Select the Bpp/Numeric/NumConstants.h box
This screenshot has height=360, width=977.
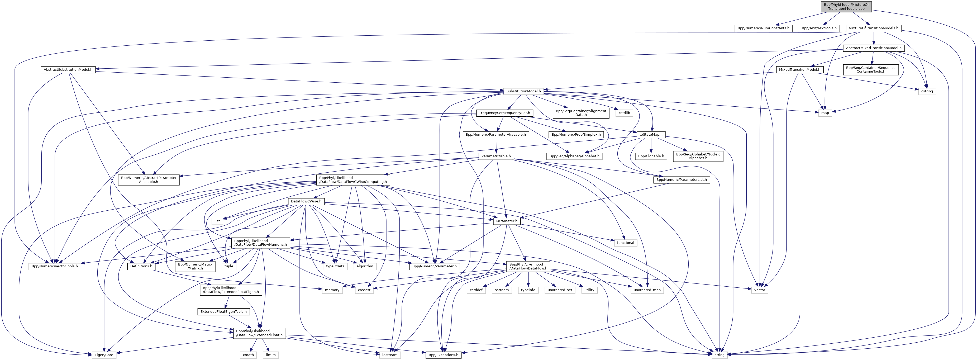tap(763, 28)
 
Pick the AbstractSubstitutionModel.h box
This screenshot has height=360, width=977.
tap(68, 70)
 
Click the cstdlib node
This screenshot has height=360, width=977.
tap(624, 113)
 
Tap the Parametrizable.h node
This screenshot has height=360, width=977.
tap(496, 156)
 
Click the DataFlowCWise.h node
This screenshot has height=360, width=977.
tap(306, 201)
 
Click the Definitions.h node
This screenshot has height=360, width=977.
tap(141, 266)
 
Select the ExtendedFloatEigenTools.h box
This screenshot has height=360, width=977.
tap(223, 312)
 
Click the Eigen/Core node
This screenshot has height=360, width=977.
tap(103, 355)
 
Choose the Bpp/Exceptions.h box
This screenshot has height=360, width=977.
tap(443, 355)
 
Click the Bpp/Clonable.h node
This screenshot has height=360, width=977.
tap(651, 156)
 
